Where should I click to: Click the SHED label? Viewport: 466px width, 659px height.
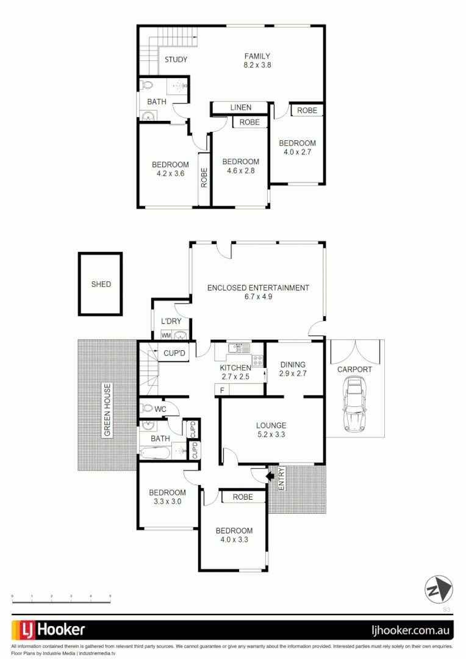[101, 284]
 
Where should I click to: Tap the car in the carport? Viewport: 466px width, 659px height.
[354, 404]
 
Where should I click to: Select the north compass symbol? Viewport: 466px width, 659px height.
[439, 589]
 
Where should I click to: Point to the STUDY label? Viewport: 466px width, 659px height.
[176, 60]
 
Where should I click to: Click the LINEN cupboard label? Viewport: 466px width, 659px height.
[240, 107]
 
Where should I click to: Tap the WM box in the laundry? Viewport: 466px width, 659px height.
[166, 336]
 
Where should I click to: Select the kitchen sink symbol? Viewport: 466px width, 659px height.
[235, 348]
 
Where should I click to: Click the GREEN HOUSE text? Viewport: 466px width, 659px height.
[107, 411]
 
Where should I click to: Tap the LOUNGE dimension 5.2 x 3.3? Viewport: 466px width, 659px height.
[271, 435]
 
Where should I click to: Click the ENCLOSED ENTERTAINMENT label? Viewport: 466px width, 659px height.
[258, 288]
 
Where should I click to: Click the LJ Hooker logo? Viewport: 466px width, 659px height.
[49, 630]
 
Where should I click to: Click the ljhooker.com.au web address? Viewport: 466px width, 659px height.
[411, 630]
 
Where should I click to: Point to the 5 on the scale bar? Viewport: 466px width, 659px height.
[110, 596]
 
